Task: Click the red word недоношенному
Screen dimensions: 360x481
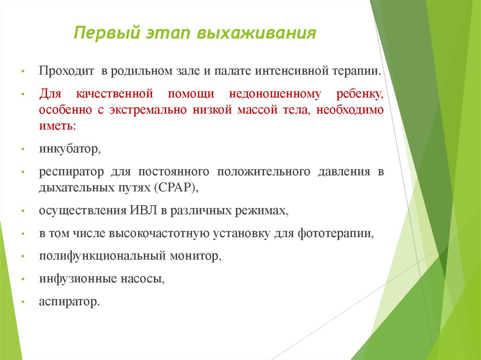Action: click(x=275, y=94)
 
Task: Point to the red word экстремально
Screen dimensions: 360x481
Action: click(x=143, y=110)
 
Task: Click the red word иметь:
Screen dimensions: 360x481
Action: click(x=57, y=127)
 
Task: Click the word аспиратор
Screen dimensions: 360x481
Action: click(x=70, y=301)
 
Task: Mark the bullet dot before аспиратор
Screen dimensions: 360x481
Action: click(x=23, y=302)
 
